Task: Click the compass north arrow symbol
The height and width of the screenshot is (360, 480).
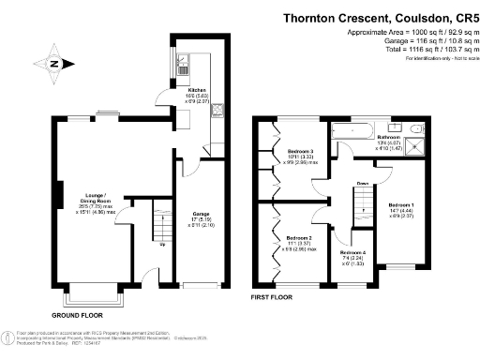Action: coord(53,64)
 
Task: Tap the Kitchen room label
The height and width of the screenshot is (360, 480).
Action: coord(196,92)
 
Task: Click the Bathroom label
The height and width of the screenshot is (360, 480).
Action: coord(390,137)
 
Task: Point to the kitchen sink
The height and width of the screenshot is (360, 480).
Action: coord(184,65)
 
